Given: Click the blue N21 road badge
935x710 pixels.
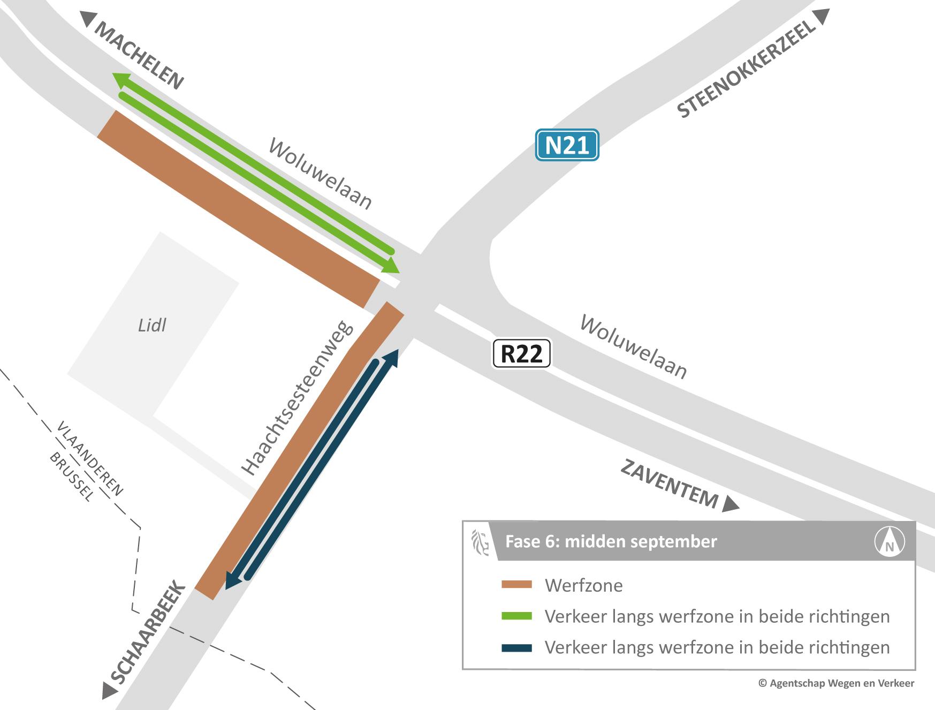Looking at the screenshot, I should tap(567, 145).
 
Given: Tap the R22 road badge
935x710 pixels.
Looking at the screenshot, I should tap(521, 354).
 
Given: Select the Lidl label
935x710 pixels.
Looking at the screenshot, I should tap(152, 325).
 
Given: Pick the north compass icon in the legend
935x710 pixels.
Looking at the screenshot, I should tap(890, 541).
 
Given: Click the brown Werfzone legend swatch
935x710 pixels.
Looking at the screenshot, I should tap(516, 585).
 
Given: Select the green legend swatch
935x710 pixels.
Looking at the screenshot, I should tap(516, 616).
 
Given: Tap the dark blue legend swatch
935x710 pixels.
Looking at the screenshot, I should tap(516, 648).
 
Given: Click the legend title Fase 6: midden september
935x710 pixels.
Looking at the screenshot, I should tap(611, 541).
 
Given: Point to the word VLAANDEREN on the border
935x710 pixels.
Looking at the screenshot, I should tap(90, 458).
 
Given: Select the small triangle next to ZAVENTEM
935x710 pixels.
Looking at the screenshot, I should tap(730, 504).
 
